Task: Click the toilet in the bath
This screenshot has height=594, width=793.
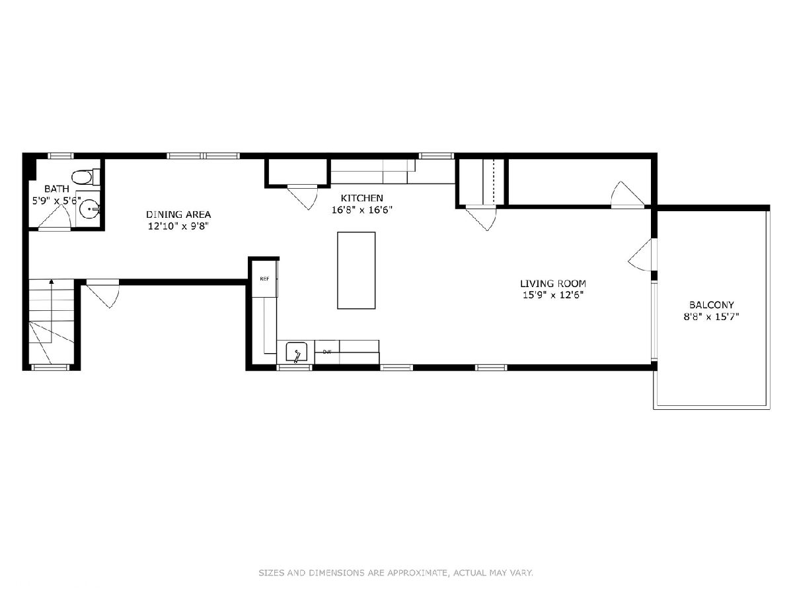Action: click(x=86, y=177)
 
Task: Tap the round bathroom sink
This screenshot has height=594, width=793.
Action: click(x=89, y=209)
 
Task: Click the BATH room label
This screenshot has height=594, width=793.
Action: click(x=57, y=189)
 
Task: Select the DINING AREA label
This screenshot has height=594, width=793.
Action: click(x=178, y=214)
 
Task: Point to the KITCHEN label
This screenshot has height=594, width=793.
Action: click(x=361, y=198)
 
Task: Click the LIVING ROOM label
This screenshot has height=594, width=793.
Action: click(x=553, y=284)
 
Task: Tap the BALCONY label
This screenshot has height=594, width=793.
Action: click(x=711, y=305)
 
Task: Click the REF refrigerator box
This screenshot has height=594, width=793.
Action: click(x=265, y=279)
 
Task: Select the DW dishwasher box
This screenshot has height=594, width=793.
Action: click(x=327, y=352)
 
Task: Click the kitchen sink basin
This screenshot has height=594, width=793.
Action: click(x=297, y=352)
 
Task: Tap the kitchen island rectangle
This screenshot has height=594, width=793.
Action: click(x=356, y=271)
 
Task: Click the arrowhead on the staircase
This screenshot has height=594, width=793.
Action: click(x=52, y=281)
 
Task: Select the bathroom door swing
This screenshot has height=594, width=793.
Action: click(x=54, y=218)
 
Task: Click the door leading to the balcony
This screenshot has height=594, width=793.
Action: click(x=642, y=255)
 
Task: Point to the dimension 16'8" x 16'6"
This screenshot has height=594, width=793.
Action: click(x=362, y=209)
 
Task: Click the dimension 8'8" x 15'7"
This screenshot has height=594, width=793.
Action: click(x=711, y=317)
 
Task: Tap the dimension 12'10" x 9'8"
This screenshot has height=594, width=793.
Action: click(x=178, y=226)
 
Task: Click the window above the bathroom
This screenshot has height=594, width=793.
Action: click(x=61, y=156)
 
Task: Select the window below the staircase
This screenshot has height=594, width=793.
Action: click(x=50, y=368)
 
